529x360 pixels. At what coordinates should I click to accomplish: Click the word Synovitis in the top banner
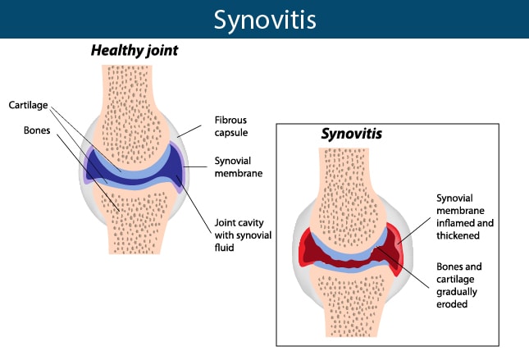[x=265, y=21]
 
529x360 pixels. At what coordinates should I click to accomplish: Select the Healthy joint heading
[x=135, y=51]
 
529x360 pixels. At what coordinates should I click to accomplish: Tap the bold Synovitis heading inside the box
[x=352, y=134]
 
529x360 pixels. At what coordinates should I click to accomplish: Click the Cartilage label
[x=29, y=105]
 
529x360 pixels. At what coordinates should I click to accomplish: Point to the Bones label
[x=37, y=130]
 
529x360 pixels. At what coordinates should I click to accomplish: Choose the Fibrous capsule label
[x=231, y=126]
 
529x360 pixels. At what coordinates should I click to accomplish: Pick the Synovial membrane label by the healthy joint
[x=239, y=166]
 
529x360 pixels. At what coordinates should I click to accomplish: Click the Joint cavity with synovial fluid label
[x=243, y=235]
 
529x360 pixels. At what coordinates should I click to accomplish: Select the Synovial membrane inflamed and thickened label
[x=465, y=216]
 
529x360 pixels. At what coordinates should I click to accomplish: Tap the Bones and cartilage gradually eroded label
[x=458, y=285]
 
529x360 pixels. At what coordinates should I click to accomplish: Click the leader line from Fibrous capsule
[x=189, y=131]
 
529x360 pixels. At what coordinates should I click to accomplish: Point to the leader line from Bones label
[x=88, y=173]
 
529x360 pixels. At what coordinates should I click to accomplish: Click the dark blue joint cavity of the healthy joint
[x=135, y=180]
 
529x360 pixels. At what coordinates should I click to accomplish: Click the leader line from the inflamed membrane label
[x=414, y=230]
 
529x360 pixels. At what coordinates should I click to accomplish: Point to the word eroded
[x=452, y=304]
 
